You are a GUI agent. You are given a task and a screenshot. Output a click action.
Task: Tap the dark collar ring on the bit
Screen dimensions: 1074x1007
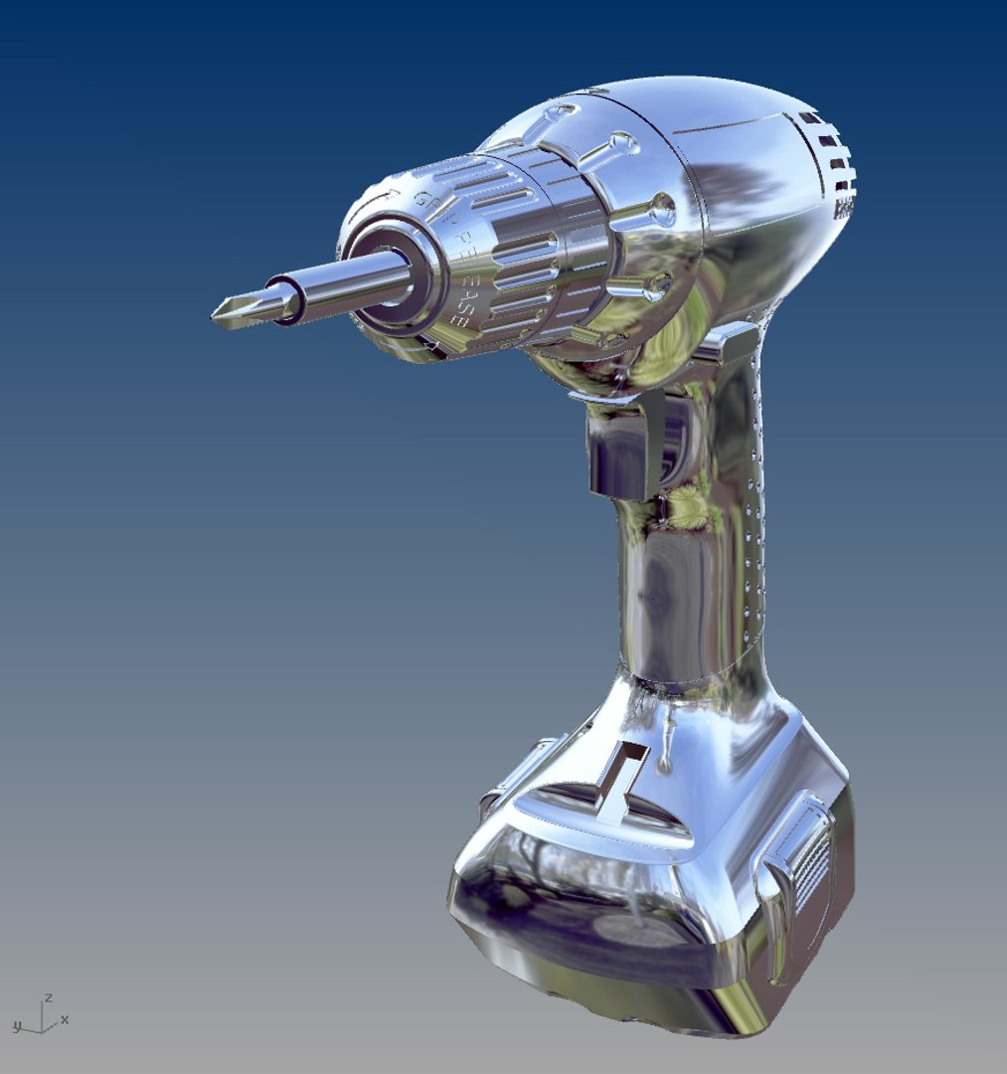[x=284, y=300]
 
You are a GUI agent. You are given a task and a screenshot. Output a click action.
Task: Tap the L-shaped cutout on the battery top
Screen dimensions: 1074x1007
[x=622, y=770]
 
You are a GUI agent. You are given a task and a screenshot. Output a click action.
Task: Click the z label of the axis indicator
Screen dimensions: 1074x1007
[x=48, y=997]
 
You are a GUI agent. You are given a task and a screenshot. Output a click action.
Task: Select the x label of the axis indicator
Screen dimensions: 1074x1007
[x=65, y=1019]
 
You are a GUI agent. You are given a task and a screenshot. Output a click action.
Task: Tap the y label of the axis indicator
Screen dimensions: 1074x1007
[x=16, y=1024]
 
